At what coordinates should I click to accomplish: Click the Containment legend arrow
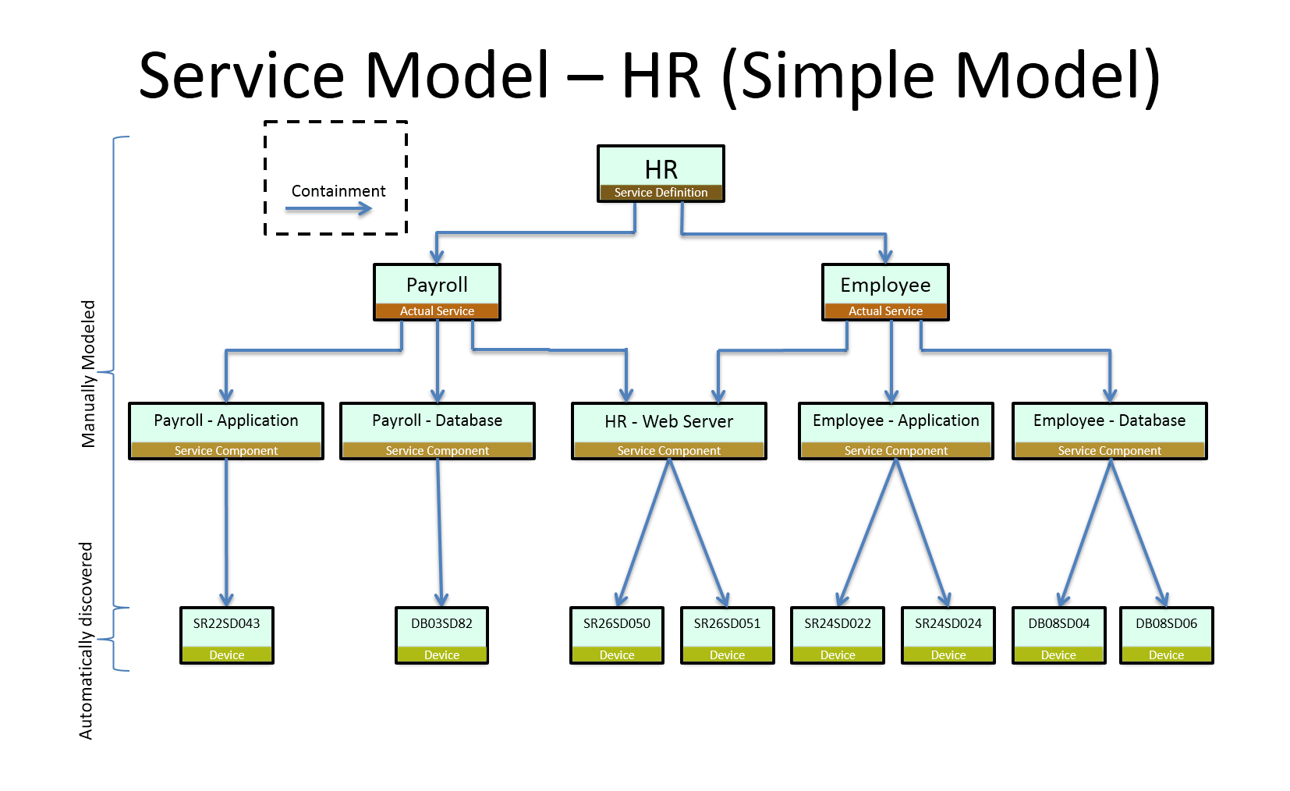[x=329, y=208]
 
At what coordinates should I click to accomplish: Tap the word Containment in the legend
[x=338, y=191]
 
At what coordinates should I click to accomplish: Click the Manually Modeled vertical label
[x=89, y=374]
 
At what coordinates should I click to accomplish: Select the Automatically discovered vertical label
[x=86, y=640]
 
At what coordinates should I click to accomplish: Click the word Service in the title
[x=241, y=76]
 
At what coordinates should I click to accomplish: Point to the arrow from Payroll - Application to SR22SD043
[x=227, y=530]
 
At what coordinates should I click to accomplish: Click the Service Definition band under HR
[x=661, y=193]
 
